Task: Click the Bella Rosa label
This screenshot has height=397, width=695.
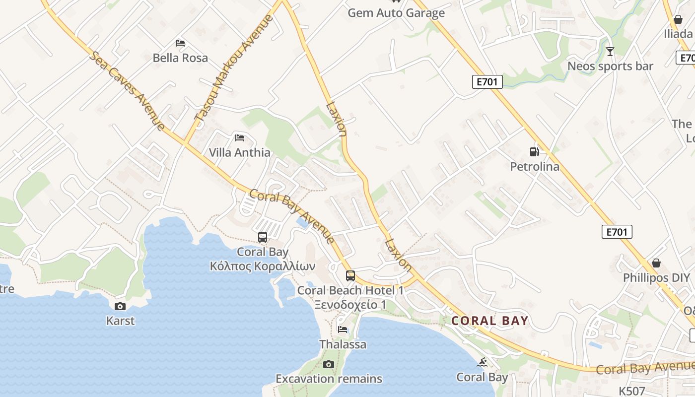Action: click(x=180, y=58)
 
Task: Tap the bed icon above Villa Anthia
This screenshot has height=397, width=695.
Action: click(x=240, y=137)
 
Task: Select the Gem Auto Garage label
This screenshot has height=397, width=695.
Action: click(x=396, y=13)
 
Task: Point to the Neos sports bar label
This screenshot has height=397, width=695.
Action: click(x=610, y=66)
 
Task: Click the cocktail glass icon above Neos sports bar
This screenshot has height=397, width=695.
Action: click(x=610, y=51)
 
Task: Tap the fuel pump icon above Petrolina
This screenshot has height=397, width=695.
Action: click(x=534, y=152)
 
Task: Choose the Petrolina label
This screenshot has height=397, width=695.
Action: click(x=535, y=166)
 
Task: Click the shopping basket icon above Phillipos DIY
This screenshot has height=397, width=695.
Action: click(x=656, y=263)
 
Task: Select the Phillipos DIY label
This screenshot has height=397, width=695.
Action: click(x=657, y=277)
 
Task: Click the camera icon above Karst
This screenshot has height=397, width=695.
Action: click(x=120, y=306)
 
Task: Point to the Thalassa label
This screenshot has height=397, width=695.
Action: click(x=343, y=344)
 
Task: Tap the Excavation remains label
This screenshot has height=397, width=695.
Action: click(x=329, y=379)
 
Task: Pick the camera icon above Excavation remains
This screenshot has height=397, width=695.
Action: click(x=328, y=365)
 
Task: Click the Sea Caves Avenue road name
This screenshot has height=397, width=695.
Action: click(x=127, y=90)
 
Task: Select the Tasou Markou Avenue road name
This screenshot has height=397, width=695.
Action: click(x=234, y=67)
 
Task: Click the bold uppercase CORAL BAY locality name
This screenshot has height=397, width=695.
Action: click(x=489, y=321)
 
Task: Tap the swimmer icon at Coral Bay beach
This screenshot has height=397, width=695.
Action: click(x=482, y=363)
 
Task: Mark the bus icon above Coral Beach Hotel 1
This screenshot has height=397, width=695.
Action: click(x=350, y=276)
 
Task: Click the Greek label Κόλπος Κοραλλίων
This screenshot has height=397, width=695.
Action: click(x=263, y=266)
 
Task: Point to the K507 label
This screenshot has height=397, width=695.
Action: click(x=631, y=391)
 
